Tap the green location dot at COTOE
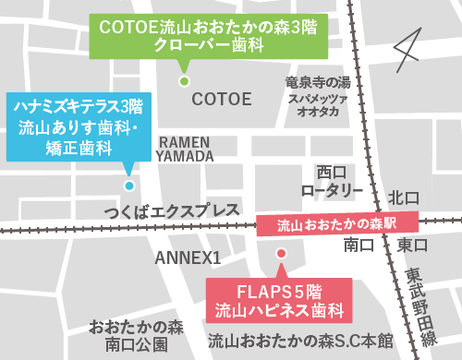click(x=183, y=81)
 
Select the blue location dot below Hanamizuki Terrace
click(x=129, y=185)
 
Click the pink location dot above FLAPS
click(x=282, y=252)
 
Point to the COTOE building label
click(x=221, y=98)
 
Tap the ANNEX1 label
click(x=188, y=256)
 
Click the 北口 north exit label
click(x=404, y=197)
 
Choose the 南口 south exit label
click(x=358, y=246)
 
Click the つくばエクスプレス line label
click(x=172, y=211)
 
